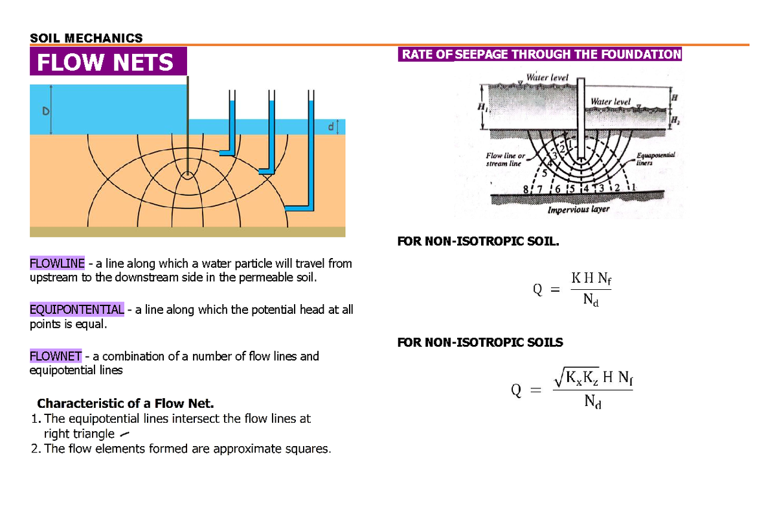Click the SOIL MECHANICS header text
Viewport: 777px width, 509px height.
click(86, 38)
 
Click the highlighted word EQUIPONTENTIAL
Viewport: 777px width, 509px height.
click(77, 309)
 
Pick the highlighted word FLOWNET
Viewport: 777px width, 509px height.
click(56, 356)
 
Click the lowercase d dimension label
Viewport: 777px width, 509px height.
click(330, 127)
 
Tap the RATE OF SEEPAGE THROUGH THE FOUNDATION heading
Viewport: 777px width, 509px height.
click(541, 54)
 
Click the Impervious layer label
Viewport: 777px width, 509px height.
click(578, 210)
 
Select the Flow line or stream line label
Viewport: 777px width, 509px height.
click(505, 160)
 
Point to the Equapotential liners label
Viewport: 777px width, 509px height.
click(655, 160)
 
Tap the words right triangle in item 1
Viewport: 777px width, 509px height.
click(78, 433)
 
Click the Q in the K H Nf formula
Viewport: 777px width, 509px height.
click(537, 290)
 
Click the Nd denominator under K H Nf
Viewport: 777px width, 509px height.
click(590, 300)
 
